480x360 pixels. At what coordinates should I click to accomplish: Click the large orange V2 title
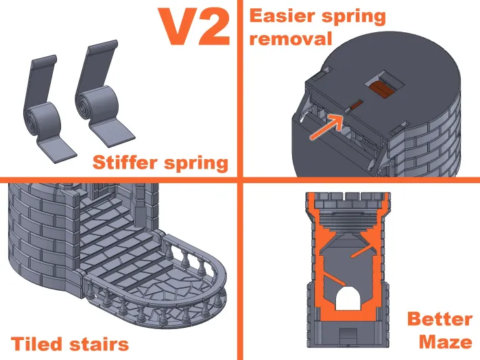click(x=194, y=27)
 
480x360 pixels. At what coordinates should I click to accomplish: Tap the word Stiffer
click(x=125, y=163)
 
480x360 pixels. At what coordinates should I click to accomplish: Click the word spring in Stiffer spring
click(x=196, y=163)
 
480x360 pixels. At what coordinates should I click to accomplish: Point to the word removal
click(x=291, y=39)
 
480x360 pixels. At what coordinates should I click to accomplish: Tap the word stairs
click(x=99, y=344)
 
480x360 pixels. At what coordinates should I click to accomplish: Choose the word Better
click(x=440, y=320)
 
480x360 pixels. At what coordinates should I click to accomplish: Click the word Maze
click(x=446, y=341)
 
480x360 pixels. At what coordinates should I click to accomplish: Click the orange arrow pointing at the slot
click(x=326, y=127)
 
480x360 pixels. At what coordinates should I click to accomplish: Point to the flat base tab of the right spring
click(x=113, y=132)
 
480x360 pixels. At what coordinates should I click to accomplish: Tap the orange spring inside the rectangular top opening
click(x=382, y=89)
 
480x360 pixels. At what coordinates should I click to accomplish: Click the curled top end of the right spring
click(x=103, y=46)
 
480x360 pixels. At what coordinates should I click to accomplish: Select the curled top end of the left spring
click(x=45, y=60)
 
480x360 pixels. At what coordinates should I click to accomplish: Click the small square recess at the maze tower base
click(x=348, y=335)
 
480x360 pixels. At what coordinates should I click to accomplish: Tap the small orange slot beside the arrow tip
click(x=356, y=106)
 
